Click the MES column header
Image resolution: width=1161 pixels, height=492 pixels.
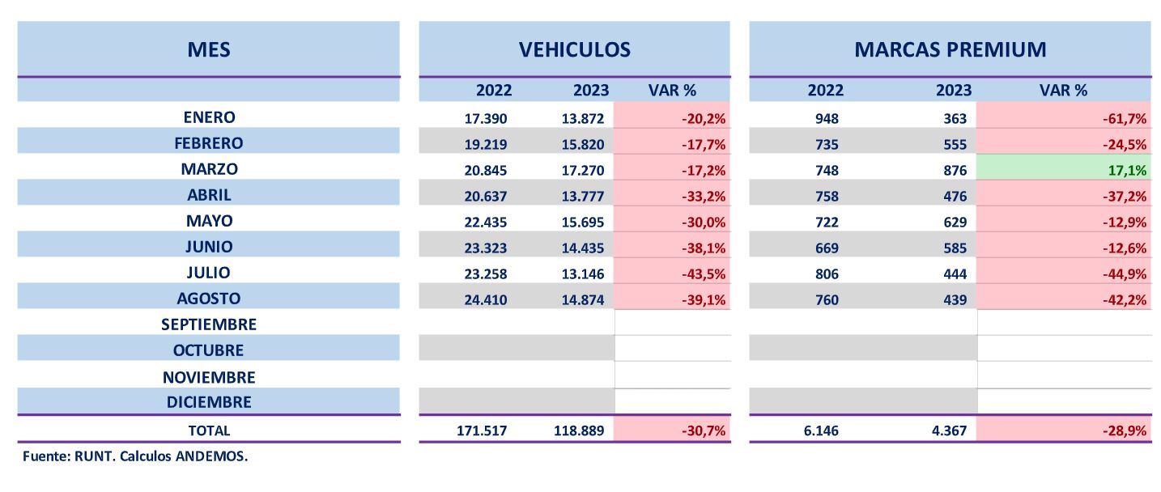coord(209,49)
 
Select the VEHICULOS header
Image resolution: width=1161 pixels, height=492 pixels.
coord(574,49)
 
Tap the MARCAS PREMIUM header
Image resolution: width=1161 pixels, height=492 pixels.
coord(950,49)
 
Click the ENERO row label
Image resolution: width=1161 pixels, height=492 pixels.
coord(209,117)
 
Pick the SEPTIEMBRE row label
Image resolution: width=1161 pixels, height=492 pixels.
coord(209,324)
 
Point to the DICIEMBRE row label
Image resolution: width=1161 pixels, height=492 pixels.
coord(209,402)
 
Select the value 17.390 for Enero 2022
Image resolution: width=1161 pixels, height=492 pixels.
coord(486,119)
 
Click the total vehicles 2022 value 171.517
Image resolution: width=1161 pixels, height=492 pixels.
coord(483,431)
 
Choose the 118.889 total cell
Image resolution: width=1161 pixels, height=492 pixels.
coord(579,431)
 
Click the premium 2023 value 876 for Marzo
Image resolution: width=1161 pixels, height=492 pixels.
coord(955,170)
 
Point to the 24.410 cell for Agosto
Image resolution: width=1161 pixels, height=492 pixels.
coord(486,299)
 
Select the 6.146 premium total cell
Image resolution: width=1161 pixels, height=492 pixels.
coord(821,431)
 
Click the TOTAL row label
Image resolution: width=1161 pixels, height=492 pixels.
coord(209,431)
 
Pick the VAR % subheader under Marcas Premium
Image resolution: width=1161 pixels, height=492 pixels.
coord(1063,90)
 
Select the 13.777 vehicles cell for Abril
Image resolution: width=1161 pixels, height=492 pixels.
coord(582,196)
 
